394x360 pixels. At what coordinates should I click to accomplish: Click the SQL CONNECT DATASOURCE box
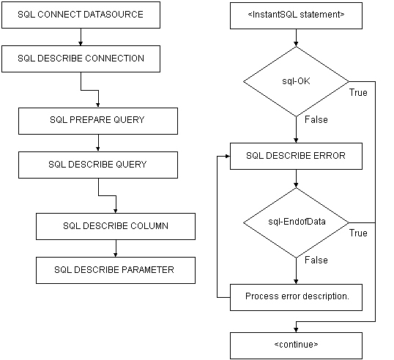point(81,15)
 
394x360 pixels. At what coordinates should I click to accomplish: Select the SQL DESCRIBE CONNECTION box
point(81,59)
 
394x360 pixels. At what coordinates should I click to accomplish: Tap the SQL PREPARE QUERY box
point(98,121)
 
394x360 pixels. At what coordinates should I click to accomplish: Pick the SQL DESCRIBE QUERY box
point(98,165)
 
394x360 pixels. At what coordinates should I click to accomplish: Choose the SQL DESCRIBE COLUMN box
point(116,226)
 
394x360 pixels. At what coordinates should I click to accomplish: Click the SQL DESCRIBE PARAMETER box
point(116,271)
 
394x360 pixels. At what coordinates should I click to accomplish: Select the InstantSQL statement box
point(297,15)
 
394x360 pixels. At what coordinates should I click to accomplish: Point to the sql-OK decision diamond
point(297,82)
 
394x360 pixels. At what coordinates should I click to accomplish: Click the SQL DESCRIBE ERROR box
point(297,156)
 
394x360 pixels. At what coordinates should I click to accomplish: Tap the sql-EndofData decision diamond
point(297,222)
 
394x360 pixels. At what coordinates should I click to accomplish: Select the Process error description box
point(297,298)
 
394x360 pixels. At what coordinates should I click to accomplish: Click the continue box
point(297,345)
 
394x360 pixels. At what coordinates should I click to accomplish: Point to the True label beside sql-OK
point(358,93)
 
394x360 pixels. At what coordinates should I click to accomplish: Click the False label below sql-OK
point(316,119)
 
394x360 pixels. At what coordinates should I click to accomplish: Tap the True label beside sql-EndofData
point(358,233)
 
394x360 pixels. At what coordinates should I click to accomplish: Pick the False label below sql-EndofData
point(316,260)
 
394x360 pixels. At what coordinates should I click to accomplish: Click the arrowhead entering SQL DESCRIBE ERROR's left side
point(228,156)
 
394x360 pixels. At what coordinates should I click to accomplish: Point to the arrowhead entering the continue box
point(297,330)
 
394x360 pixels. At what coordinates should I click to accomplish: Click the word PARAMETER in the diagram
point(148,269)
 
